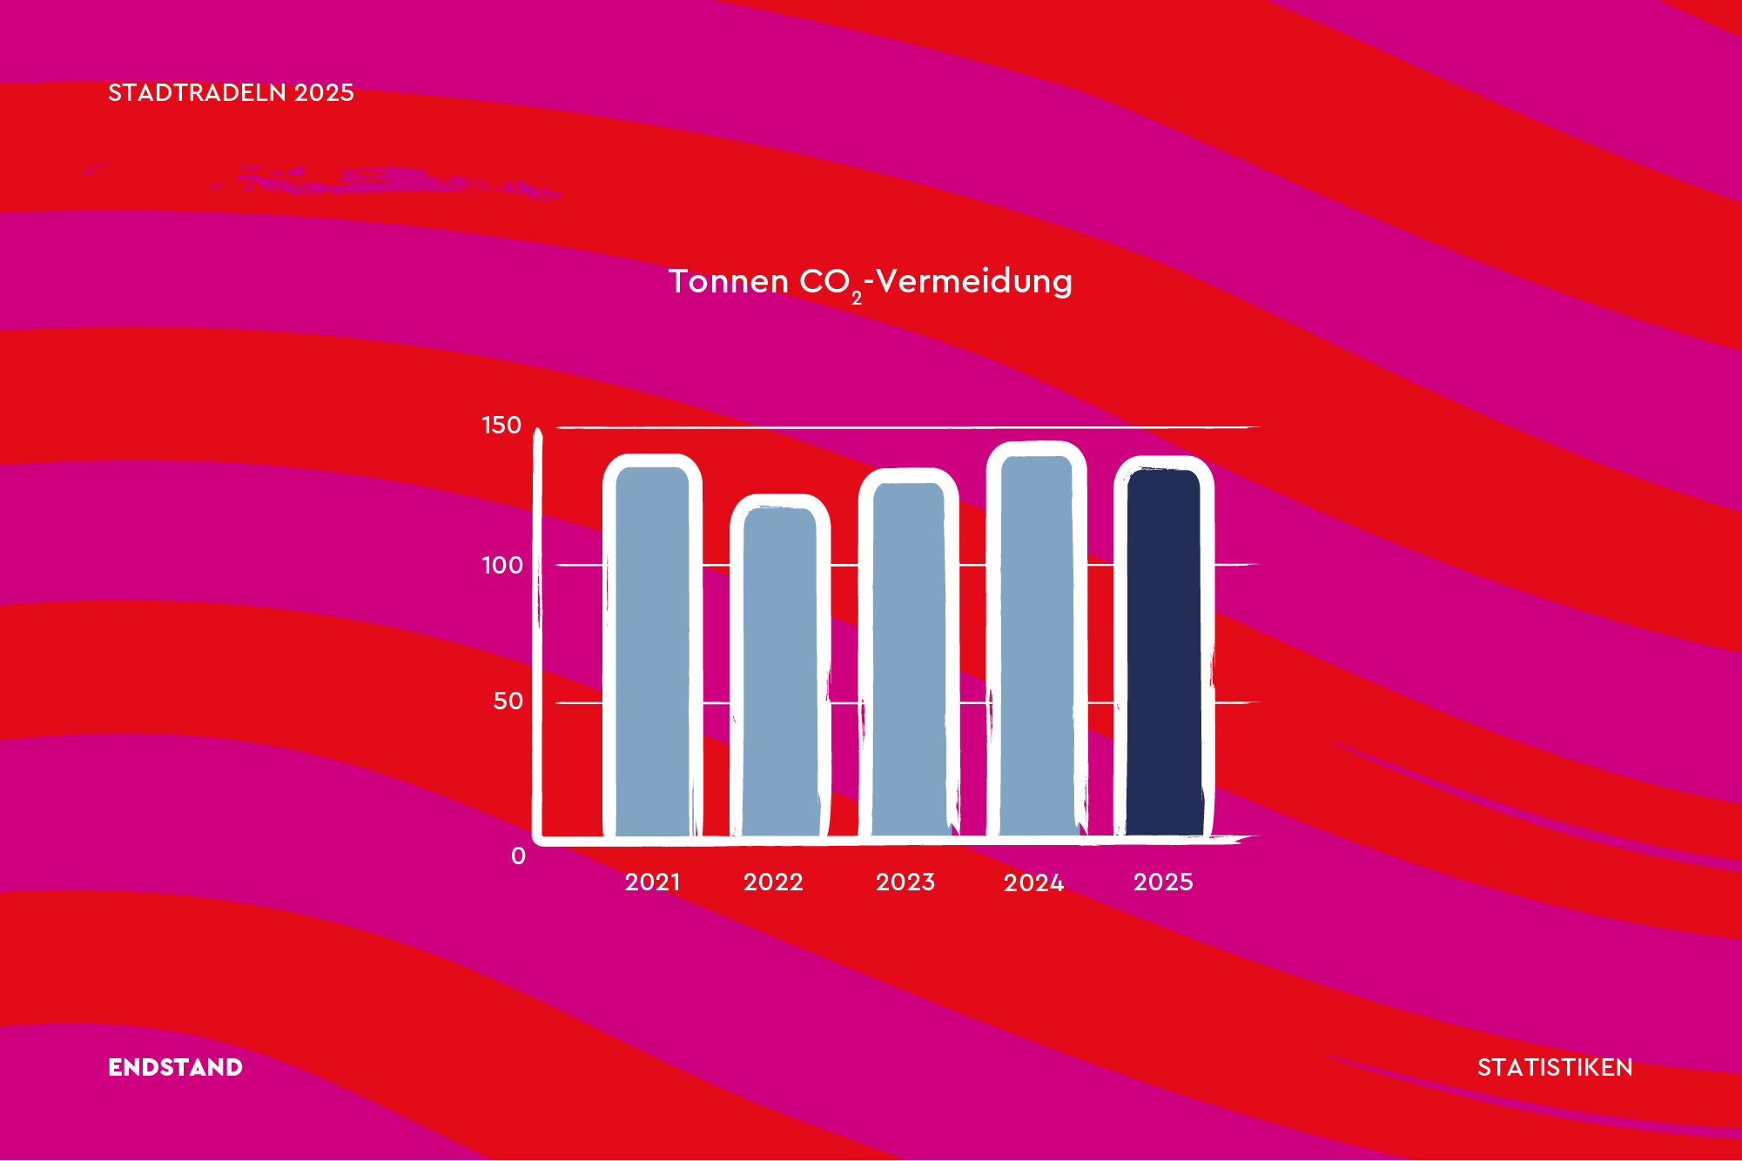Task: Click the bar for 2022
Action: (x=780, y=666)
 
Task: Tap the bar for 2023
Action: (x=909, y=653)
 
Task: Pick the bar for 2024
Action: (x=1037, y=640)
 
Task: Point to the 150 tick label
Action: (x=501, y=425)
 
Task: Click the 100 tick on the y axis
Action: (x=502, y=565)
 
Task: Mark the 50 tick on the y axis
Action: (x=508, y=701)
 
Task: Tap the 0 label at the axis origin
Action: (x=519, y=856)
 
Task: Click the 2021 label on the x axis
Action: (x=653, y=882)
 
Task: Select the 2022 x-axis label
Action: (x=773, y=882)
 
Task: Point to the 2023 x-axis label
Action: (x=905, y=882)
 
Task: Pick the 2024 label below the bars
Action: (x=1034, y=882)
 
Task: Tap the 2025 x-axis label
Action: (x=1163, y=882)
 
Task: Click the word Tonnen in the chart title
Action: (x=729, y=281)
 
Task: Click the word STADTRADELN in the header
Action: (x=197, y=92)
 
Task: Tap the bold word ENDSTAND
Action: (x=175, y=1067)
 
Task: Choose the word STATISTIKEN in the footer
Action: (x=1555, y=1067)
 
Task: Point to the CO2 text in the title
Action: (x=831, y=284)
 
